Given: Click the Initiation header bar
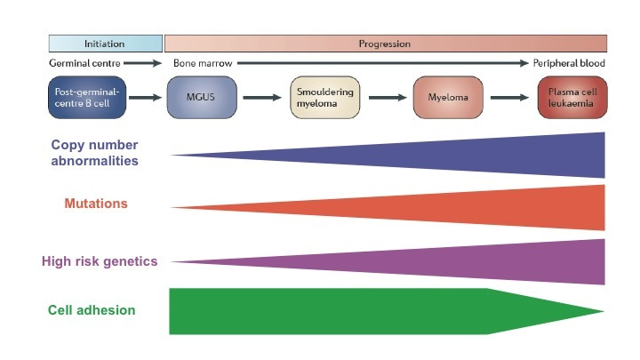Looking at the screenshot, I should pos(105,44).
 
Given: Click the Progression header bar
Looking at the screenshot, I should pos(384,44).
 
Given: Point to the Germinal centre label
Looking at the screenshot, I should pos(84,64).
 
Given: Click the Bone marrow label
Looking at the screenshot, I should pos(198,64).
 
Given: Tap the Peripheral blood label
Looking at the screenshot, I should pos(569,64).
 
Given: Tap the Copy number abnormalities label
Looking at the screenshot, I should pos(95,153).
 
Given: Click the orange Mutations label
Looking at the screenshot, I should pos(97,204).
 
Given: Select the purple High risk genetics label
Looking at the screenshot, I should pos(100,261).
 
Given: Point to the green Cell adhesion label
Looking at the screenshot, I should pos(92,310).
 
